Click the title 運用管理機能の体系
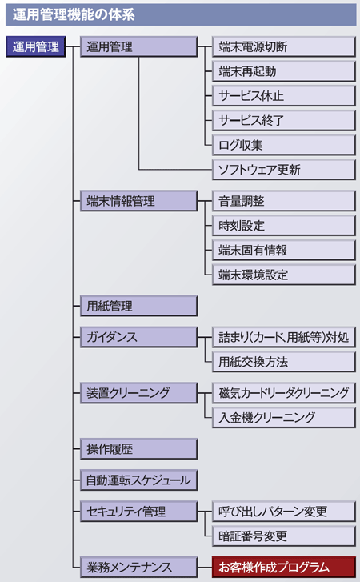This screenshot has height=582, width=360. coord(74,15)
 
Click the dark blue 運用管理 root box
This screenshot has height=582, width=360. coord(35,46)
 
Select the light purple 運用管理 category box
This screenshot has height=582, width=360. coord(138,46)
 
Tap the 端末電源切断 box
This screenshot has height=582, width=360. coord(284,46)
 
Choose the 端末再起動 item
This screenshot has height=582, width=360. coord(284,71)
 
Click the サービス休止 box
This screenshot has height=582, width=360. coord(284,96)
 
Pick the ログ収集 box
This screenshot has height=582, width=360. coord(284,145)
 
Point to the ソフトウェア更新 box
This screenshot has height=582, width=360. coord(284,170)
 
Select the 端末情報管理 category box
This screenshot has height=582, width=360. coord(138,201)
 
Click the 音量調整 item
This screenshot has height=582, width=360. coord(284,201)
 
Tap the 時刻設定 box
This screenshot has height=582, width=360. coord(284,226)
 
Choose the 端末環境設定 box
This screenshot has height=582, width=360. coord(284,275)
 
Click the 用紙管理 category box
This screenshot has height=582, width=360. coord(138,307)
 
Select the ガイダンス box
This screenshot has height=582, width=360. coord(138,337)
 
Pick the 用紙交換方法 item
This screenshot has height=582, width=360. coord(284,362)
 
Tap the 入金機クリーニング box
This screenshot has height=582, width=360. coord(284,418)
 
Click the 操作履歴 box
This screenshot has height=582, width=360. coord(138,449)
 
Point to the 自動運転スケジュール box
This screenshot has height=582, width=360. coord(138,480)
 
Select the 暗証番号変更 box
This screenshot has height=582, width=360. coord(284,536)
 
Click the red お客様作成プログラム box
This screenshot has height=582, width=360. coord(284,567)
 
